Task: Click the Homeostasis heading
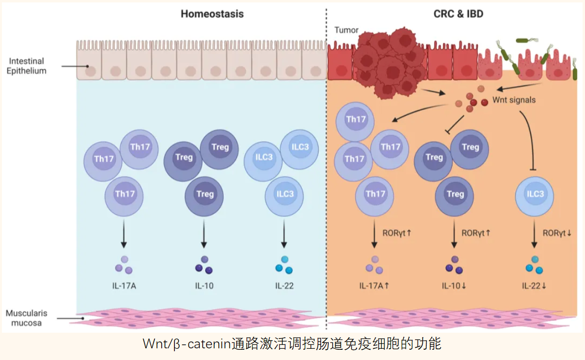tap(212, 14)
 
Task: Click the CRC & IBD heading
tap(458, 14)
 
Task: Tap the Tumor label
tap(346, 30)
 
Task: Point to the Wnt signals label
tap(514, 100)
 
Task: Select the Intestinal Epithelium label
tap(26, 66)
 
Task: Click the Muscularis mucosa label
tap(26, 318)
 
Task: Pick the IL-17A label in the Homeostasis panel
tap(124, 286)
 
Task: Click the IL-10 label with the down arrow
tap(454, 286)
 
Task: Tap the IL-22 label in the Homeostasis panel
tap(284, 286)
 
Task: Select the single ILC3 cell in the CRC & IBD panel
tap(534, 196)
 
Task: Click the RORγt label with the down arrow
tap(557, 233)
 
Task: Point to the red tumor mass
tap(389, 63)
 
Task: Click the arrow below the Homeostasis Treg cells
tap(204, 234)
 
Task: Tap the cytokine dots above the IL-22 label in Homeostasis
tap(284, 265)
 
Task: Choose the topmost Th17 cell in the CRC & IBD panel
tap(355, 122)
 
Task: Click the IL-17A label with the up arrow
tap(374, 286)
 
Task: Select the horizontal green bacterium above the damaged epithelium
tap(527, 40)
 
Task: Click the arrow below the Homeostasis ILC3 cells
tap(284, 234)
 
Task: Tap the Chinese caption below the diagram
tap(292, 344)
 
